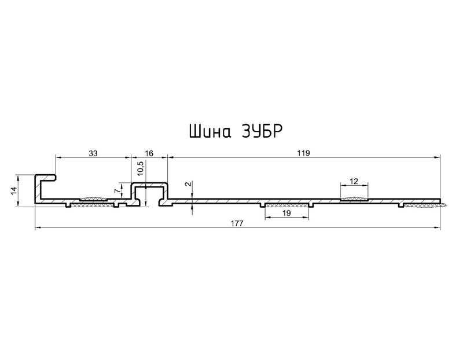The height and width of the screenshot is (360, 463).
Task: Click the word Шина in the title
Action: pos(210,131)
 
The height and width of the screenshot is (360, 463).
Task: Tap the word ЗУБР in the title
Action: pos(261,131)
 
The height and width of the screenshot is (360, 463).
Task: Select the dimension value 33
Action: pos(93,153)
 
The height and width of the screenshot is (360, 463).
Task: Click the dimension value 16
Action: pos(149,153)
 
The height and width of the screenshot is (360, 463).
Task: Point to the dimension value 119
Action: pos(304,153)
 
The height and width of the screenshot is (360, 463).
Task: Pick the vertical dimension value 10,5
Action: pos(141,168)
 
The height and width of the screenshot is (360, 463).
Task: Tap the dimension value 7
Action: pos(118,191)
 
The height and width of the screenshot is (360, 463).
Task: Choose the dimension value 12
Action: pos(354,181)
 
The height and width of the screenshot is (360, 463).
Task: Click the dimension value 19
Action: pos(286,213)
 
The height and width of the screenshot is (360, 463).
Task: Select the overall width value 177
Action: pos(237,223)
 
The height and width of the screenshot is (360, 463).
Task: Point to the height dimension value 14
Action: pos(14,190)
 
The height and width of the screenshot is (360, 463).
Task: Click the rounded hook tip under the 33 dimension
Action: pos(55,178)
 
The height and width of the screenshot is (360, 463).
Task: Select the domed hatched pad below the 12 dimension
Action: pos(354,199)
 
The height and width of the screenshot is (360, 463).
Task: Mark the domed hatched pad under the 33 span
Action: pos(93,199)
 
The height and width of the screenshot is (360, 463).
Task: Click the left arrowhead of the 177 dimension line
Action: pos(38,227)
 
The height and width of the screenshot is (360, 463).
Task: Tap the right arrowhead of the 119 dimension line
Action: pos(438,157)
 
